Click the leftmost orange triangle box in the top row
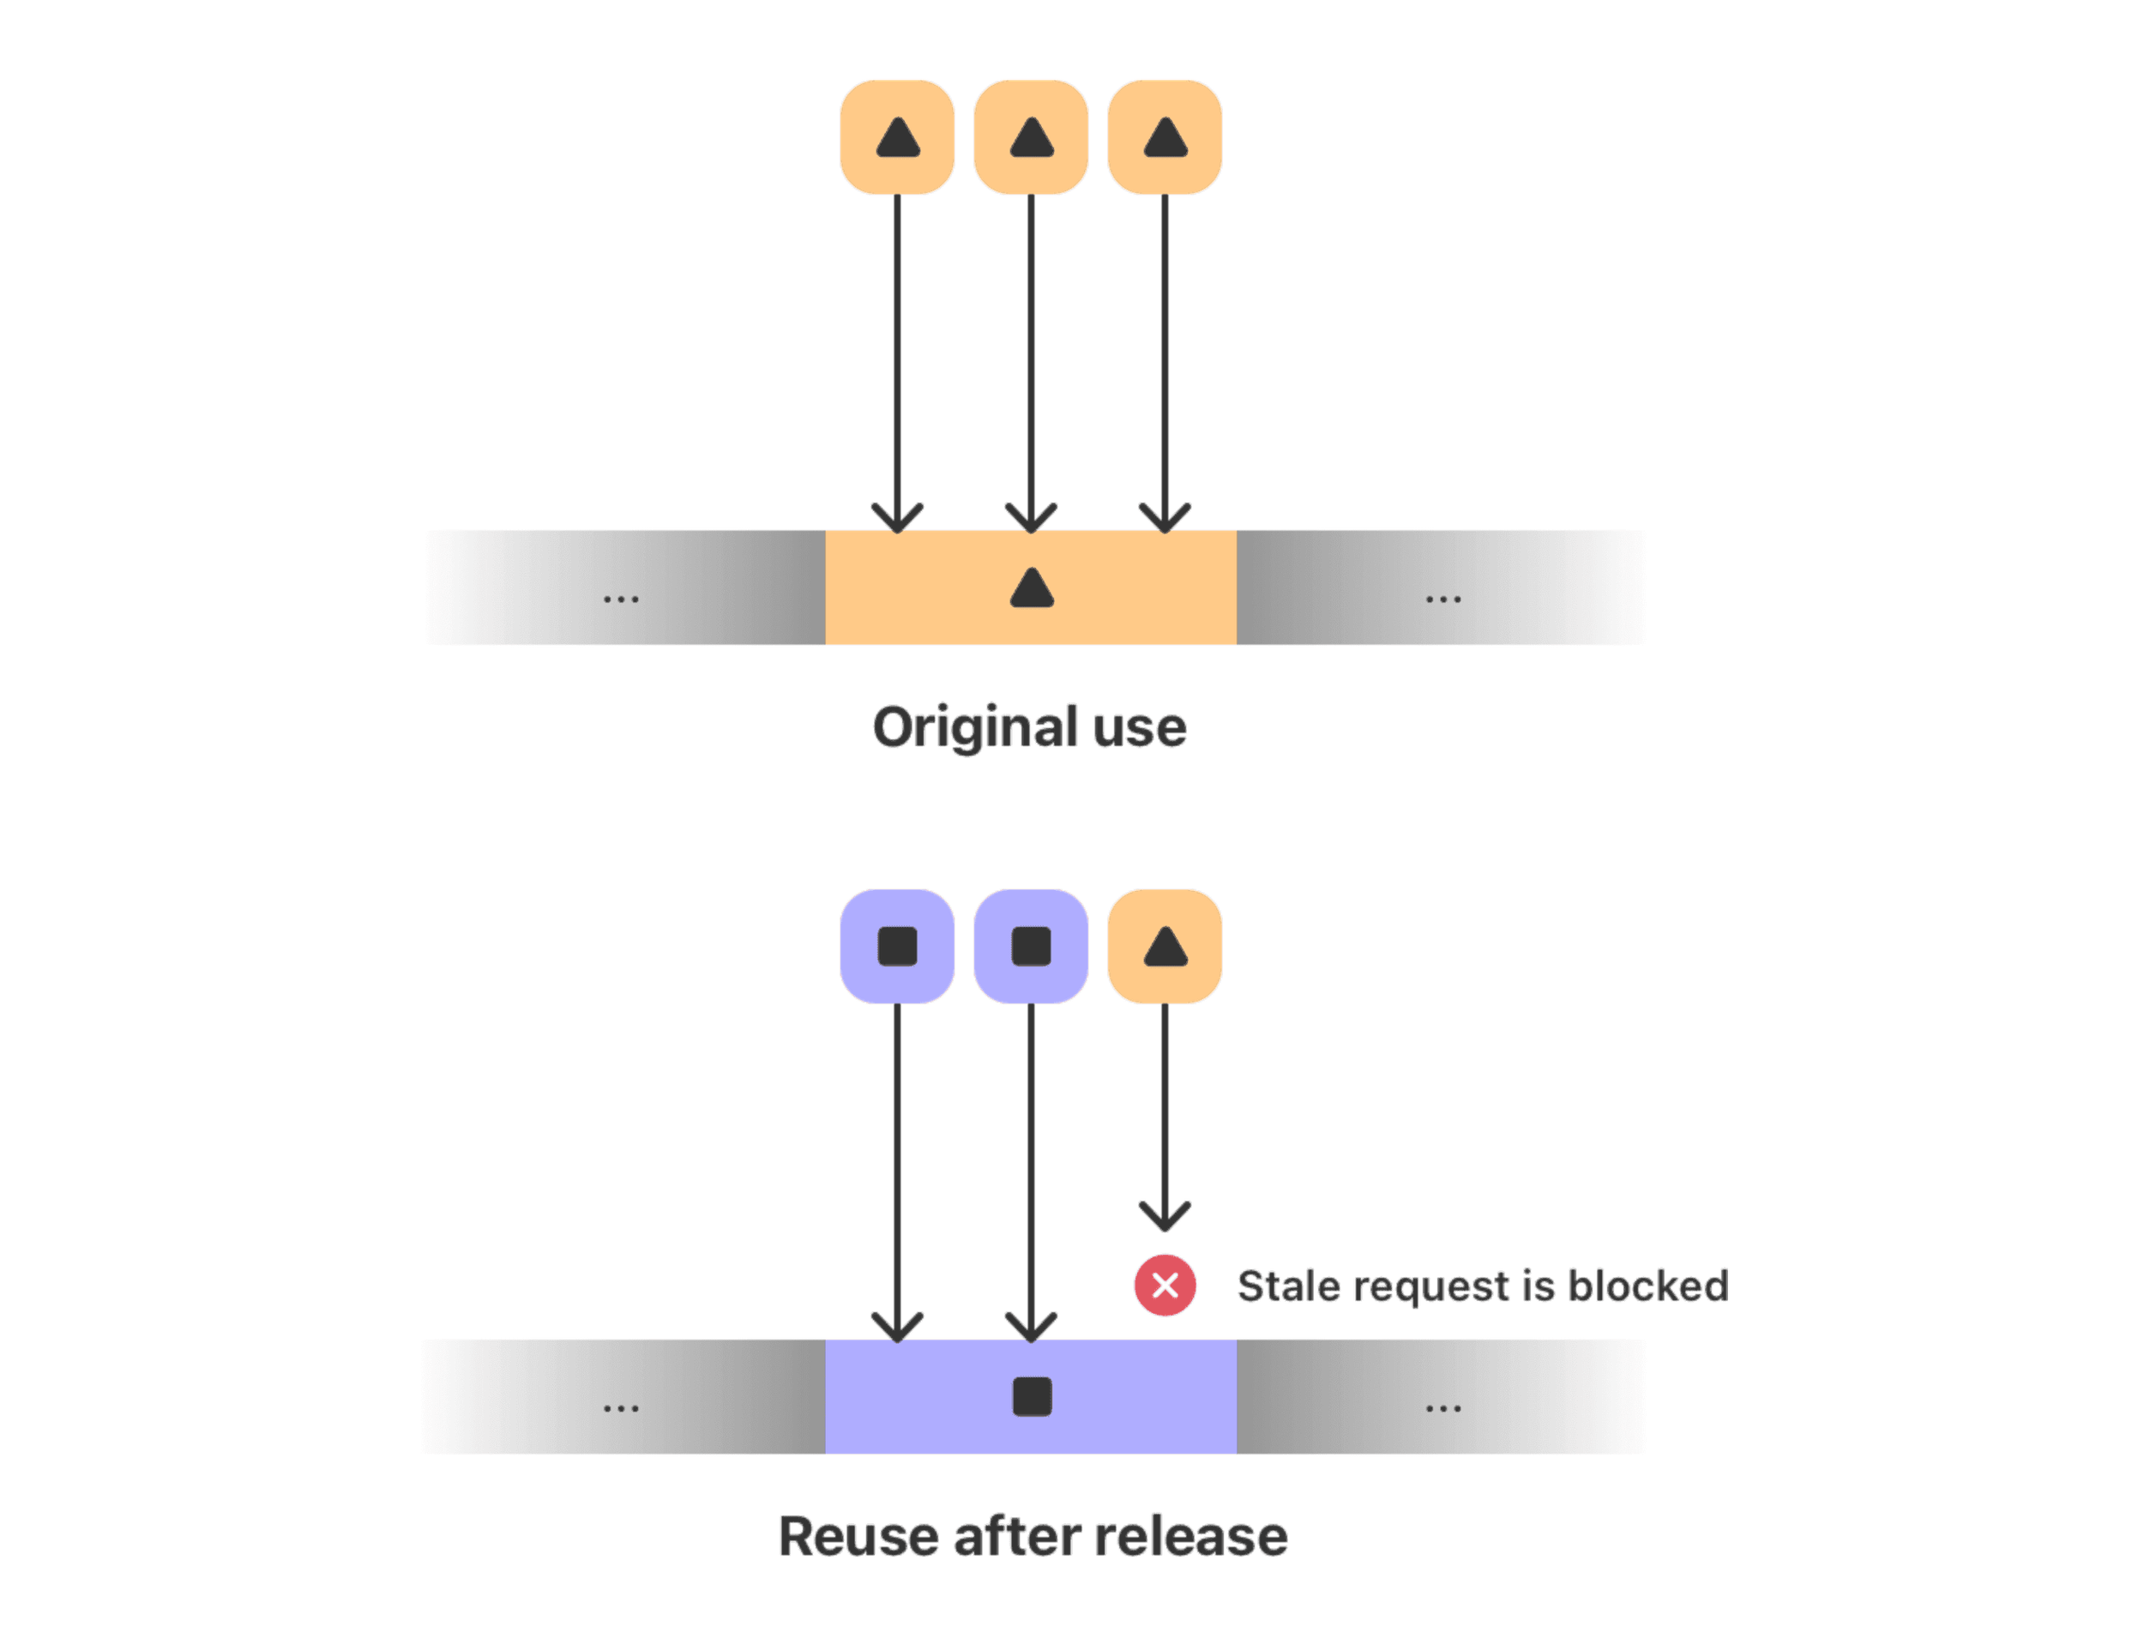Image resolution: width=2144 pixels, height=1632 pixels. tap(897, 137)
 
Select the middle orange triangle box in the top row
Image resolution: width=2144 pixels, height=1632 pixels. tap(1031, 137)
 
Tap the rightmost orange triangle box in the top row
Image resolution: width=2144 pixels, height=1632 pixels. tap(1165, 137)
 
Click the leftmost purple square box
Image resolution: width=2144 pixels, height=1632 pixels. tap(897, 945)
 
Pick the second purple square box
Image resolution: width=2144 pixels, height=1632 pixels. tap(1031, 945)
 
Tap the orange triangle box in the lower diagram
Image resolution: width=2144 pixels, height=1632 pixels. tap(1165, 945)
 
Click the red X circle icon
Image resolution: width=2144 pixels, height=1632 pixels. tap(1165, 1286)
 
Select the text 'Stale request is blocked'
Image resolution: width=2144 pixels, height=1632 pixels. tap(1483, 1286)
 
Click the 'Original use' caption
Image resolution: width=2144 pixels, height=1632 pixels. tap(1030, 727)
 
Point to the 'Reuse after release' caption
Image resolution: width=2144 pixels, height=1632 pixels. tap(1033, 1537)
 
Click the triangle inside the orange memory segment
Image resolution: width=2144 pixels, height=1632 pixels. tap(1032, 588)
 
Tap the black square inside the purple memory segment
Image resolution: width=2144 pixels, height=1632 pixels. tap(1032, 1397)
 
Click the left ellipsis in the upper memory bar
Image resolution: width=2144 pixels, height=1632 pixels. tap(621, 599)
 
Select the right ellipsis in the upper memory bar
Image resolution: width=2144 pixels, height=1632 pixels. tap(1442, 599)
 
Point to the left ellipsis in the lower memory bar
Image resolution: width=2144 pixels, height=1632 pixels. tap(621, 1407)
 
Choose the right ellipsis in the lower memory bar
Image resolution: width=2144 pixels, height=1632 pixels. tap(1442, 1407)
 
